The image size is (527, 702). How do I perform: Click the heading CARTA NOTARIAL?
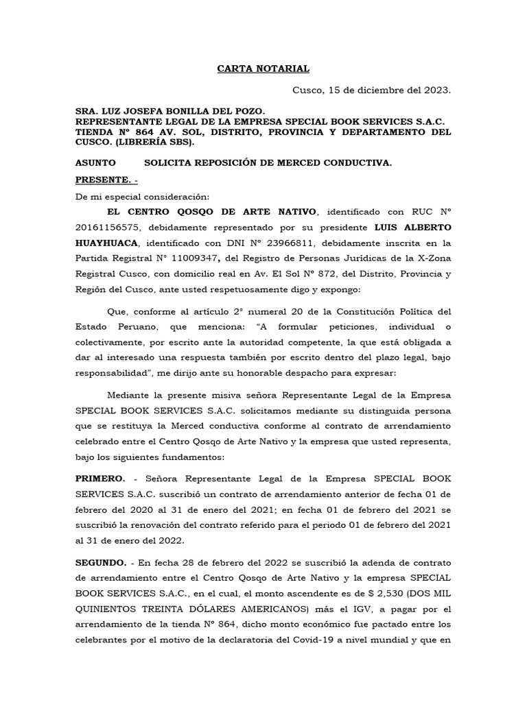tap(263, 69)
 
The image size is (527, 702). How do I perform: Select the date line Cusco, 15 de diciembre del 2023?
tap(372, 90)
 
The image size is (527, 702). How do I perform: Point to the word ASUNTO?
tap(95, 162)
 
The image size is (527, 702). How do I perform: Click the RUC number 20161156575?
tap(104, 228)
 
